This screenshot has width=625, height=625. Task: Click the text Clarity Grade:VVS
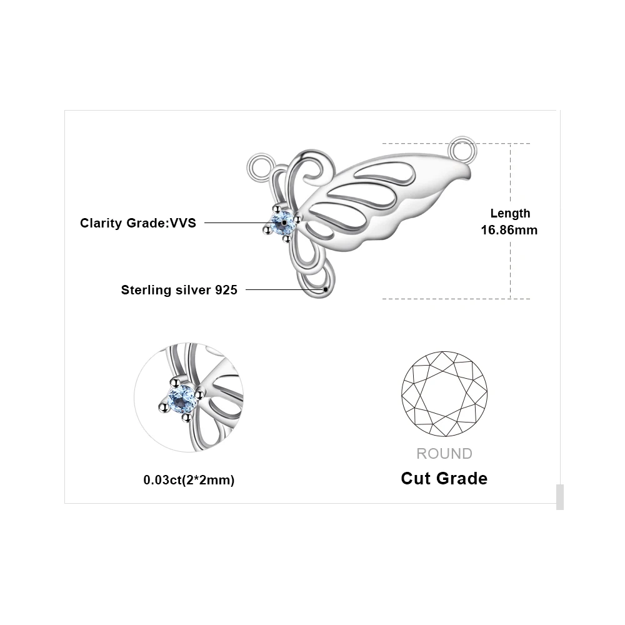137,223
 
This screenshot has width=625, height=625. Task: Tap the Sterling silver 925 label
179,290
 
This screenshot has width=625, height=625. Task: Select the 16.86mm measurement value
509,230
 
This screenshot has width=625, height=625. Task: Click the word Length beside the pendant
510,214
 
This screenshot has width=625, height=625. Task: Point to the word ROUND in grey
444,454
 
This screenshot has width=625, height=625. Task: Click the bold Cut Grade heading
444,479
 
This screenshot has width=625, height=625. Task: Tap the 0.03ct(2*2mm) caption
189,480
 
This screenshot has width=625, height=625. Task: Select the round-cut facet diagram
444,394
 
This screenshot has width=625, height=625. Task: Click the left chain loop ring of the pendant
259,167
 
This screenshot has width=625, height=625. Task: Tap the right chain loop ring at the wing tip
462,149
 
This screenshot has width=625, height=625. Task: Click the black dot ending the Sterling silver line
326,289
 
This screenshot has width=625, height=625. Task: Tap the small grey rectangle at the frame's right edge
559,497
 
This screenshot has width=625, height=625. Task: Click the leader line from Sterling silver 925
284,289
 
